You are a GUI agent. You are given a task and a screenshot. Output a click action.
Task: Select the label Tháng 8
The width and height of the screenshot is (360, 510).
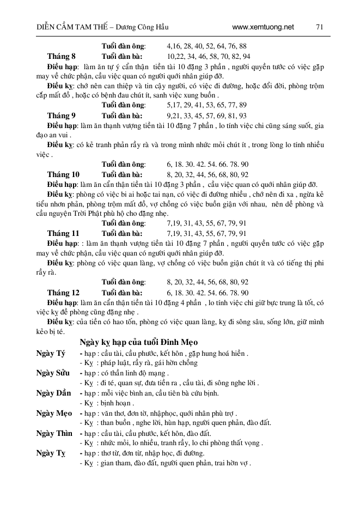[62, 57]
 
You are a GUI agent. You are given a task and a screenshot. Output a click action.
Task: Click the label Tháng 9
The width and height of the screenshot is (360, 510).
[62, 116]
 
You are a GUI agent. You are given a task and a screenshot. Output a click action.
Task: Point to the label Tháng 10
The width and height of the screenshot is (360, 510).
[63, 174]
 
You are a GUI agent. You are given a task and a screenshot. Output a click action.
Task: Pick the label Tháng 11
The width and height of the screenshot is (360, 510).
[63, 233]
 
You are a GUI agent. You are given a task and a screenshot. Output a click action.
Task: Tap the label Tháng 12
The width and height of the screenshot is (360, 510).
[63, 292]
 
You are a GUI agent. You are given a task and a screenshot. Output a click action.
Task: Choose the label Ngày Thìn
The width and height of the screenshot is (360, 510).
[54, 433]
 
